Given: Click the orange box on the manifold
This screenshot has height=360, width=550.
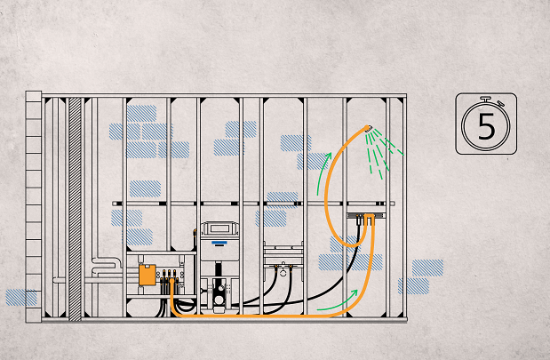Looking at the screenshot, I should pos(147,275).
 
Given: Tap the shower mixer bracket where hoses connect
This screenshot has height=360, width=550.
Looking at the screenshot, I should pos(366,216).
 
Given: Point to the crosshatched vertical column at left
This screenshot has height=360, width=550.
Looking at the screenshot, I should pos(75,204).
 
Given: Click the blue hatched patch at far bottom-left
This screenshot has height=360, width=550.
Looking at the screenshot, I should pos(20,297).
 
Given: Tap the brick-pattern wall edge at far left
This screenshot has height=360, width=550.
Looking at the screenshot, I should pos(34,204).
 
